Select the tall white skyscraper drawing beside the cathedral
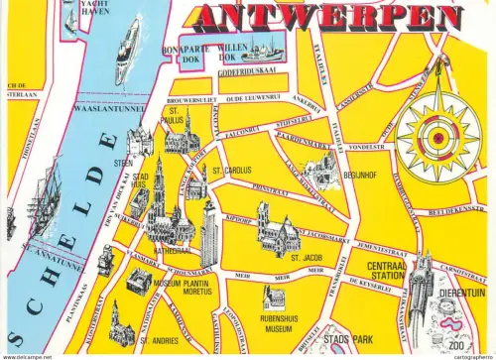point(209,234)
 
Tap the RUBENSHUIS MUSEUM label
point(275,324)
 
